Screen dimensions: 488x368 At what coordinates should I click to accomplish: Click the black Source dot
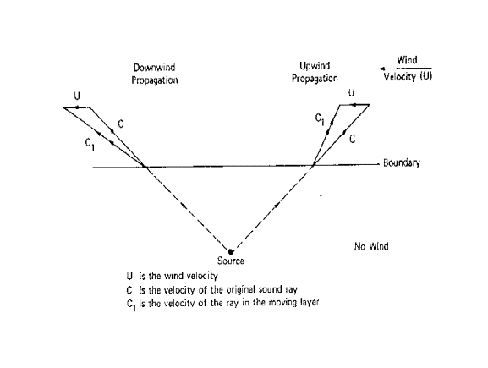(230, 251)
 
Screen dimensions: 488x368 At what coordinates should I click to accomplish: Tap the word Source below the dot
(231, 261)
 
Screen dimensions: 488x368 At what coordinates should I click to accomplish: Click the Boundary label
(402, 162)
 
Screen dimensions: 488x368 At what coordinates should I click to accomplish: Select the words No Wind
(371, 246)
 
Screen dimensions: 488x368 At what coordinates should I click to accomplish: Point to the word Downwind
(155, 67)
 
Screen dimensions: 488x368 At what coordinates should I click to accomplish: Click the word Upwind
(315, 66)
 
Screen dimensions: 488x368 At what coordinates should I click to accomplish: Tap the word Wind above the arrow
(407, 59)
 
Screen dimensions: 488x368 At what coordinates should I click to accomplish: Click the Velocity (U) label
(408, 77)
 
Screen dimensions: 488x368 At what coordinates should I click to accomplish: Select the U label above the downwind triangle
(77, 96)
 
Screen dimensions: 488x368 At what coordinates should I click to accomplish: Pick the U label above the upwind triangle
(351, 93)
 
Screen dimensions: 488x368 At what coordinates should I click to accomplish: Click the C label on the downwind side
(121, 124)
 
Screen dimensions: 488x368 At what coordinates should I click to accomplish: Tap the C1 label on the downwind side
(90, 144)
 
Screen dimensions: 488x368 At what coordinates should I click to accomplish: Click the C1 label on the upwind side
(320, 119)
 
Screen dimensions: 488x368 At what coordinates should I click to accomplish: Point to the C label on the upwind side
(352, 139)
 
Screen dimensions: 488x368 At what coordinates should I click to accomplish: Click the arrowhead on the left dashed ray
(184, 206)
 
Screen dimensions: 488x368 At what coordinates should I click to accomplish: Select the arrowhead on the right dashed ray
(277, 205)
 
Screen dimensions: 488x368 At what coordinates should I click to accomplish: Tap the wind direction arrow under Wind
(405, 69)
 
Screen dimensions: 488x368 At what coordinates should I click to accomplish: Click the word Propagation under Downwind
(155, 80)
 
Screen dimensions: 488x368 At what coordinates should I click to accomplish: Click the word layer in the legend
(310, 302)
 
